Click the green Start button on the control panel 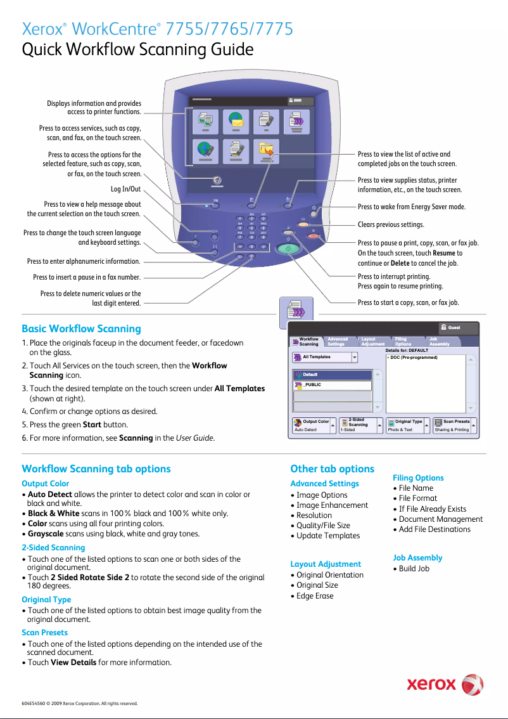pyautogui.click(x=289, y=249)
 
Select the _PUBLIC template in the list pyautogui.click(x=332, y=385)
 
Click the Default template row pyautogui.click(x=332, y=375)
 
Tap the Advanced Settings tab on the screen pyautogui.click(x=340, y=342)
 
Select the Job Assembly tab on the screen pyautogui.click(x=440, y=342)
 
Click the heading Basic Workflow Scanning pyautogui.click(x=81, y=328)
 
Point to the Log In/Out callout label pyautogui.click(x=125, y=189)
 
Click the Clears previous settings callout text pyautogui.click(x=391, y=225)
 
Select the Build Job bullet pyautogui.click(x=414, y=568)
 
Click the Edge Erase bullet pyautogui.click(x=315, y=596)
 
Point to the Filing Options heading pyautogui.click(x=418, y=478)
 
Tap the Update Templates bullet pyautogui.click(x=327, y=536)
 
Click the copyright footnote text pyautogui.click(x=79, y=703)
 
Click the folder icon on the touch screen pyautogui.click(x=269, y=150)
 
